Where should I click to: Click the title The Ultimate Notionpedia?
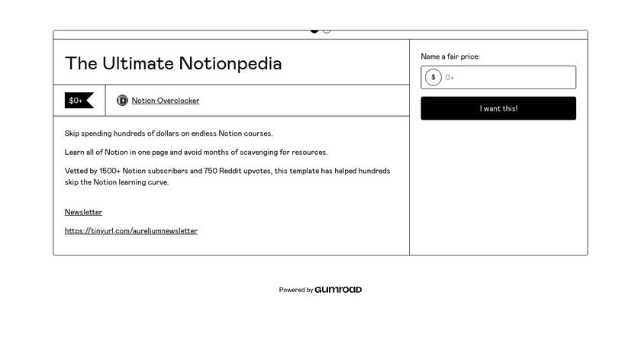(173, 63)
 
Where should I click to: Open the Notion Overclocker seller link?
(166, 101)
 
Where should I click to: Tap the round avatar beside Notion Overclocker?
(122, 101)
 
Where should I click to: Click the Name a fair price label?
(450, 56)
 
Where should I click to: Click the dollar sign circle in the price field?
(433, 77)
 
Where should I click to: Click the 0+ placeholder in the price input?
(450, 77)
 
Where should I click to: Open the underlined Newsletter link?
(83, 212)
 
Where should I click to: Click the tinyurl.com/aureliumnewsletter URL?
(131, 231)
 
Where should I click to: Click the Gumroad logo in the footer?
(338, 290)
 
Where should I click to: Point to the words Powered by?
(296, 290)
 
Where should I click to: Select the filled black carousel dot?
(314, 31)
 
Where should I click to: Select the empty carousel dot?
(327, 31)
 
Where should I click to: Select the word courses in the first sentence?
(258, 133)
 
